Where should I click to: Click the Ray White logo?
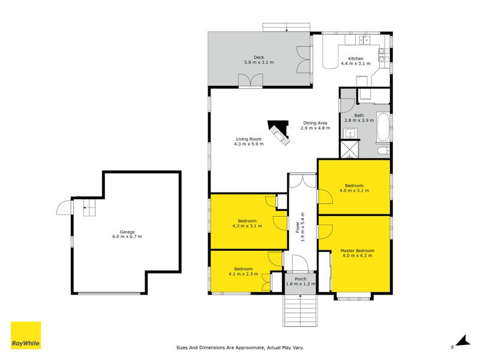(x=26, y=335)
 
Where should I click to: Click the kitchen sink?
(x=364, y=40)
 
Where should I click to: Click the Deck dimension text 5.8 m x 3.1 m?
(x=259, y=62)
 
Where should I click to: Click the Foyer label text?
(x=297, y=227)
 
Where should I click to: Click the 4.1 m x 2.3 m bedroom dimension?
(x=243, y=274)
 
